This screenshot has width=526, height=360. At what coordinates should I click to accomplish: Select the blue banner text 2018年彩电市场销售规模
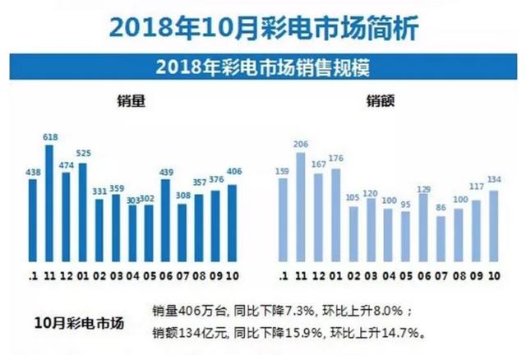coord(263,65)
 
